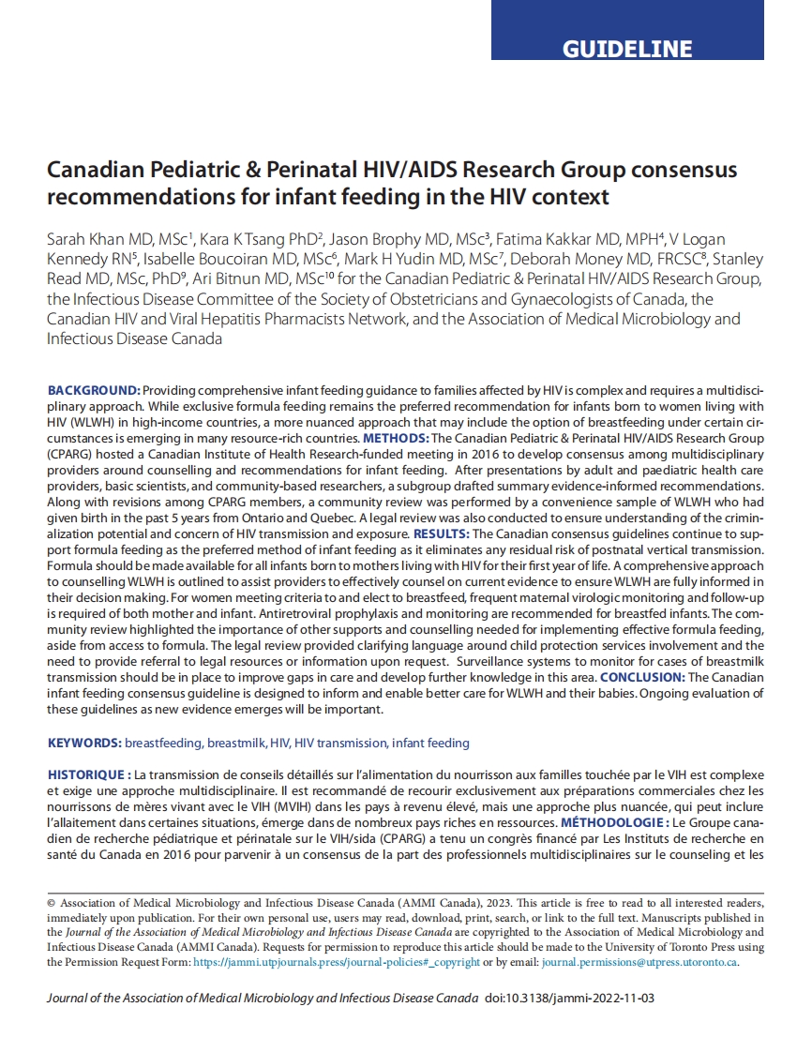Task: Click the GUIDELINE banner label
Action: (x=627, y=49)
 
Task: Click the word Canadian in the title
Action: (x=89, y=170)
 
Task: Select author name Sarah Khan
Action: (x=84, y=239)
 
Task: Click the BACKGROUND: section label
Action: (x=94, y=389)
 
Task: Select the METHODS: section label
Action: (x=397, y=438)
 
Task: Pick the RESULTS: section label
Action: (x=442, y=534)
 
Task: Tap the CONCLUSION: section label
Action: (x=641, y=676)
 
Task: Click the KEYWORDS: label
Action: (x=84, y=743)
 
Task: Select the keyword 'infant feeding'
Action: (x=430, y=743)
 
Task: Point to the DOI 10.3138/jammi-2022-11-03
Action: (x=570, y=999)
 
